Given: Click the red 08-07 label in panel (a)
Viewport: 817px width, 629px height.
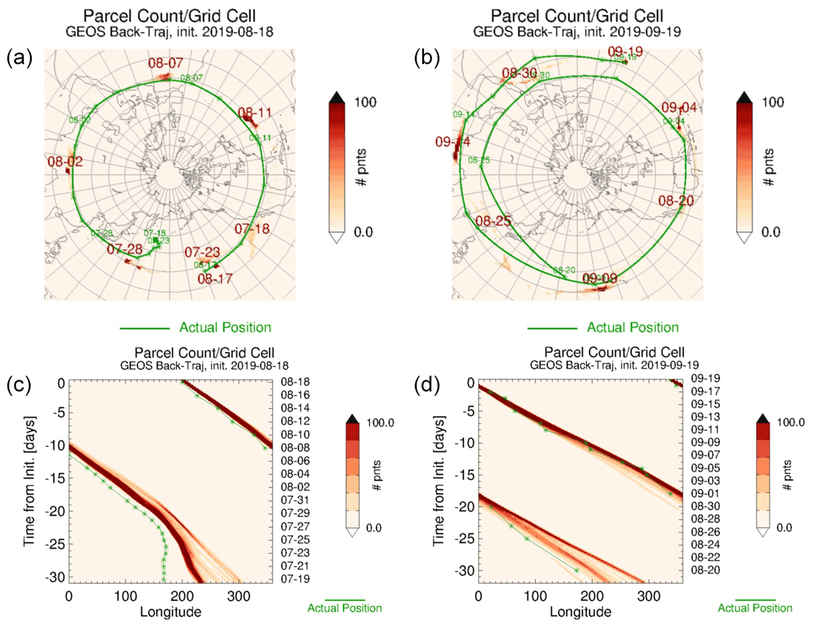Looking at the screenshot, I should (165, 63).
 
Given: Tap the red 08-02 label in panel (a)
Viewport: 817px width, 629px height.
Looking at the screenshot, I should (65, 162).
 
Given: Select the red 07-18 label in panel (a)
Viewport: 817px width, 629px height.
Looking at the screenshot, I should (252, 229).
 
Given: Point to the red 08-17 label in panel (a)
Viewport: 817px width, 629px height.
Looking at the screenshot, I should (214, 279).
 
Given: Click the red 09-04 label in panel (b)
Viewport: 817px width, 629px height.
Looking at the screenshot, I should (678, 108).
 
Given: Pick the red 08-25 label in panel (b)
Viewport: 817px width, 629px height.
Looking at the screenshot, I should (493, 221).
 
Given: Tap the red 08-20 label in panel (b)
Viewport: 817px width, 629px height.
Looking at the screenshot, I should (676, 201).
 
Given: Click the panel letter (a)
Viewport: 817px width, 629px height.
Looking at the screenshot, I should (19, 58).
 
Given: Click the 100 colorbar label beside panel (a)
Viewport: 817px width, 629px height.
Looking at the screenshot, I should (365, 103).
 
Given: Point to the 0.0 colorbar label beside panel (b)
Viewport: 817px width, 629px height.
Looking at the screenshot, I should (771, 232).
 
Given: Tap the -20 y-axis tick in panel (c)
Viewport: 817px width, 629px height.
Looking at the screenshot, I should (56, 511).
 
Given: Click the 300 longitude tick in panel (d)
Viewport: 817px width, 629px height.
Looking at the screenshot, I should (648, 597).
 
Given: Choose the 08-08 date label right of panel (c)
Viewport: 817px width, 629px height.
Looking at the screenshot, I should (295, 448).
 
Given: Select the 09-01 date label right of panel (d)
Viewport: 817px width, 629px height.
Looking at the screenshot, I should (705, 493).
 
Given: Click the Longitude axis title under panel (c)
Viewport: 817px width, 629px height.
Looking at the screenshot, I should (170, 612).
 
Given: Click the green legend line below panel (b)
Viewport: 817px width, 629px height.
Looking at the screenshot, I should (552, 329).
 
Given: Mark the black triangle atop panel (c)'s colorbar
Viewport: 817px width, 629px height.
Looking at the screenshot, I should (353, 419).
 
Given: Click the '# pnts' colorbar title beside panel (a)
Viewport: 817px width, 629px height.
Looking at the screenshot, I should (362, 167).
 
